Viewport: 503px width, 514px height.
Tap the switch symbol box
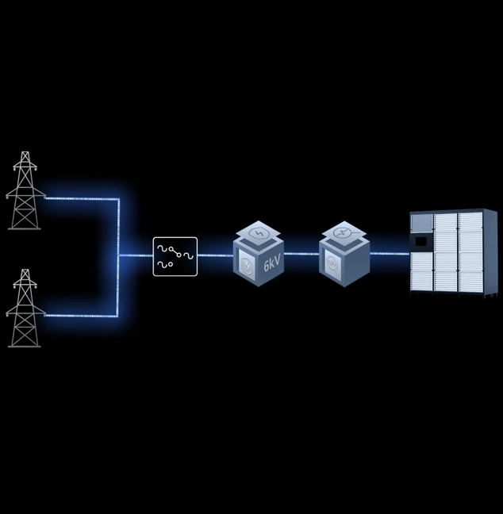(175, 256)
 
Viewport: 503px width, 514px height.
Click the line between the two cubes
(301, 254)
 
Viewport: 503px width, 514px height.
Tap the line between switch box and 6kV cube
(215, 255)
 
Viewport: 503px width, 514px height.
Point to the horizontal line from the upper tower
(79, 198)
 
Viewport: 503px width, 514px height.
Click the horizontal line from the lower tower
(79, 316)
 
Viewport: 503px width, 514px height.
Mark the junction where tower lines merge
(119, 255)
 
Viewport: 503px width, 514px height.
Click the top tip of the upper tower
(25, 153)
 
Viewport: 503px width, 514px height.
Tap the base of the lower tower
(25, 345)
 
